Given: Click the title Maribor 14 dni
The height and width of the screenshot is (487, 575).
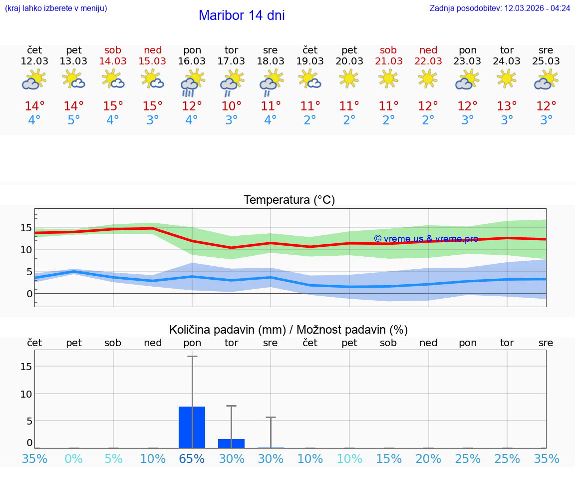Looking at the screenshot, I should coord(242,15).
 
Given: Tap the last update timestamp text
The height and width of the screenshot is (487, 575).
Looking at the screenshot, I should coord(500,8).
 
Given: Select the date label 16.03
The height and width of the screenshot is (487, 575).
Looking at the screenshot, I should coord(192,61).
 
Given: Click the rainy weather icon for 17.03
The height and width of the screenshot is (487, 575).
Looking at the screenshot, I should coord(231,82).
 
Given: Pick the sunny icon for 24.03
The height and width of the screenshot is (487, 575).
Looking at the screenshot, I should coord(507,78).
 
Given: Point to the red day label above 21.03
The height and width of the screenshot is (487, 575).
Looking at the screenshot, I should coord(388,50).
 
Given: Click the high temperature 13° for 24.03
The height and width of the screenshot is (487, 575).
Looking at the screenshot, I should coord(507,106).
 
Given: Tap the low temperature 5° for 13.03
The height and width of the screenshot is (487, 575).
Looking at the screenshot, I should coord(73,120).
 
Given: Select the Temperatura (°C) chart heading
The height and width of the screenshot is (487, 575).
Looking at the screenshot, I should coord(289,200).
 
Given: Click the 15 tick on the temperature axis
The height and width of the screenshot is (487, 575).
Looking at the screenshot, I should coord(26,228).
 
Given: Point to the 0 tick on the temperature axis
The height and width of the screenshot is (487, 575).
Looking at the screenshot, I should coord(29,294).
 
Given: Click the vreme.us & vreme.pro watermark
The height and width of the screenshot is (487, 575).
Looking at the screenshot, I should coord(426,239).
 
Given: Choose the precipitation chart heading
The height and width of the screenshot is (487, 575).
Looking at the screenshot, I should coord(288,330).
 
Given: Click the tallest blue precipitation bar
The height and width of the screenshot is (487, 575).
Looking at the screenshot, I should coord(192,427).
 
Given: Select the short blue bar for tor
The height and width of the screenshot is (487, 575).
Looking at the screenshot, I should coord(231,444).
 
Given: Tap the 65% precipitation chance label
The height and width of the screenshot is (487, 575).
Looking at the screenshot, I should coord(192,459).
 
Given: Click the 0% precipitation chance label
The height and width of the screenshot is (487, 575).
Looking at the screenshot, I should coord(73,459).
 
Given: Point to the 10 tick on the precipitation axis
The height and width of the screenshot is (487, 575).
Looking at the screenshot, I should coord(26,394).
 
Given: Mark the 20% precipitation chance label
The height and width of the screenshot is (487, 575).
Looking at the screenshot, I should coord(428,459).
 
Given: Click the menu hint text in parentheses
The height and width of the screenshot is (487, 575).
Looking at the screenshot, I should coord(56,8).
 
